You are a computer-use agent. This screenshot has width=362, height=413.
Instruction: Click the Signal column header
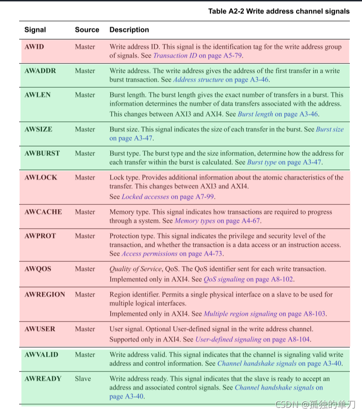tap(35, 30)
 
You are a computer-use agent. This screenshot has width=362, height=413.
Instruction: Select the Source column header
tap(87, 30)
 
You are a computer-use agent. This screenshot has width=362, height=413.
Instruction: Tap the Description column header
tap(129, 30)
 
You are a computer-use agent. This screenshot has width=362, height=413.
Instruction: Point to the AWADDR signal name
tap(40, 71)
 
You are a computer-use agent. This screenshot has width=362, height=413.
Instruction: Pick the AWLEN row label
tap(37, 95)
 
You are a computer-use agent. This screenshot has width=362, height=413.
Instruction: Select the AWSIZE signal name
tap(38, 129)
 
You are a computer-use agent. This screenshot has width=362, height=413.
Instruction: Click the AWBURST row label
tap(42, 153)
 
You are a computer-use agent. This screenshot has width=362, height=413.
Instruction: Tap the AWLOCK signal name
tap(41, 177)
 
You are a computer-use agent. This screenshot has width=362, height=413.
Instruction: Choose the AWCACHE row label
tap(43, 212)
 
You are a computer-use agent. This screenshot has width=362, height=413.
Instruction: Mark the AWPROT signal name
tap(40, 236)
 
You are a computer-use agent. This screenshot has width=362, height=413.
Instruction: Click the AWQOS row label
tap(38, 269)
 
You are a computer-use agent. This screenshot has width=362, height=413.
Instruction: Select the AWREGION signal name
tap(45, 294)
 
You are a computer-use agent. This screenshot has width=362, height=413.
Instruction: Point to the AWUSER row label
tap(40, 329)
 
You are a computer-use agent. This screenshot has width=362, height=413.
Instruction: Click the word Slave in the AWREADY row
tap(83, 378)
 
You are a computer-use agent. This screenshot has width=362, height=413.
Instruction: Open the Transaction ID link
tap(175, 56)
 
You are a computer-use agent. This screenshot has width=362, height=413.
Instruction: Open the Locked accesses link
tap(146, 196)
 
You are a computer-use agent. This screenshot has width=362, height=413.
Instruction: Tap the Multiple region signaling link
tap(241, 314)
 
